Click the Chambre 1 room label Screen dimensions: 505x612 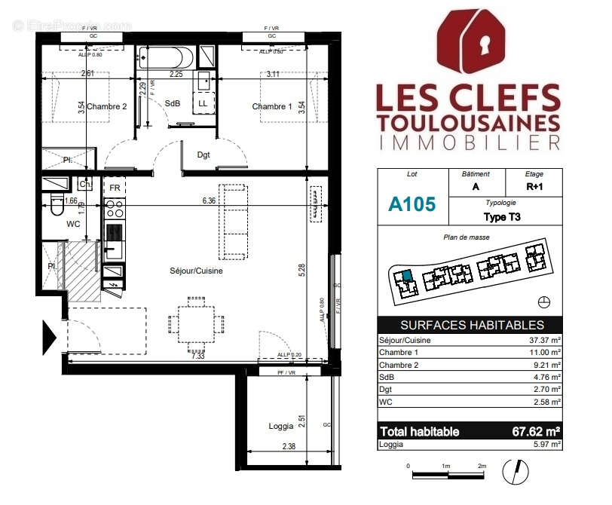pyautogui.click(x=271, y=107)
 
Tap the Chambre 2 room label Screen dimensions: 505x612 pyautogui.click(x=106, y=107)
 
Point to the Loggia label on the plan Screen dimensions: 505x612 pyautogui.click(x=281, y=426)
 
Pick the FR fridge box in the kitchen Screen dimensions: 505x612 pyautogui.click(x=115, y=188)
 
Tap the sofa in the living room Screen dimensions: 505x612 pyautogui.click(x=232, y=220)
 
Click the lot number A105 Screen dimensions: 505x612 pyautogui.click(x=412, y=204)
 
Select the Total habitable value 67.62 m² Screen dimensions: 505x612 pyautogui.click(x=531, y=432)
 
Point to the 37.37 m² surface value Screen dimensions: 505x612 pyautogui.click(x=543, y=341)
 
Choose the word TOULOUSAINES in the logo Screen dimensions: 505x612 pyautogui.click(x=467, y=122)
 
